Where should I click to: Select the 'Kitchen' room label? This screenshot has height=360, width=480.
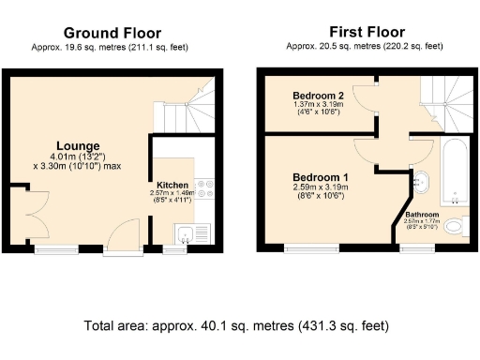coord(172,186)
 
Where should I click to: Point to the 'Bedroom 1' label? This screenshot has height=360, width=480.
coord(321,177)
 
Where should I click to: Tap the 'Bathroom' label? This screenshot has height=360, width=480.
coord(422,214)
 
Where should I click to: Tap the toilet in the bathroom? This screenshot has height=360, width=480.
coord(455,226)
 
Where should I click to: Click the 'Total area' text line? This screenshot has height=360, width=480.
coord(235,325)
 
